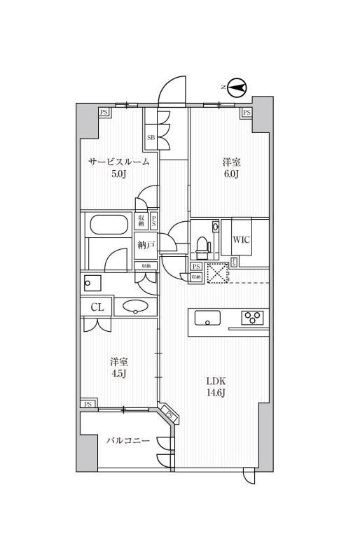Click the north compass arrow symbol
(x=237, y=87)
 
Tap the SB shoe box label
(x=151, y=138)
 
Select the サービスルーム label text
(x=118, y=162)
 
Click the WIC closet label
(x=242, y=239)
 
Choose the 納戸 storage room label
(x=146, y=246)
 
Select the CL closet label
(x=97, y=307)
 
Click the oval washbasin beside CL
(x=134, y=306)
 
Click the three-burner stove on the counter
(x=252, y=318)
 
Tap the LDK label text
(x=216, y=381)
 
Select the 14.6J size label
(x=216, y=393)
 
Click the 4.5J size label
(x=118, y=374)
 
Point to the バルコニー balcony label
(x=128, y=441)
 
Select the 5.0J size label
(x=118, y=174)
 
